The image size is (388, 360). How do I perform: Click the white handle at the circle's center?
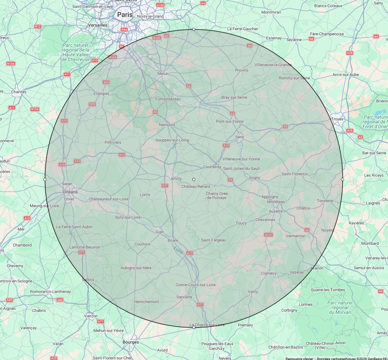194,179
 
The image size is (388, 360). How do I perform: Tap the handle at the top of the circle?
194,29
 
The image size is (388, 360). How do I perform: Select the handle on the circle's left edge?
45,179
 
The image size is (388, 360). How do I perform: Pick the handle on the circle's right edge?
342,179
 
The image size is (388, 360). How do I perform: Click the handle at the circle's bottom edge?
194,327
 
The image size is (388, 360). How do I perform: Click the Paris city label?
125,15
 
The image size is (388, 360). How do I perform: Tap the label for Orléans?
70,192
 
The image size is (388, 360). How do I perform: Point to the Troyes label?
337,119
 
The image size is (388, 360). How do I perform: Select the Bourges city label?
131,342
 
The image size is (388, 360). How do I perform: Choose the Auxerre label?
276,211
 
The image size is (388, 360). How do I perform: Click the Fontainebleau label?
168,99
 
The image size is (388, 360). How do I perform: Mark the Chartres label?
19,92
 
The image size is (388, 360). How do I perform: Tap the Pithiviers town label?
113,142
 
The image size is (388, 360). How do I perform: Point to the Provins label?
242,70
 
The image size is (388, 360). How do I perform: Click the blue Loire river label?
178,251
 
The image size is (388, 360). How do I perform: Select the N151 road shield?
268,235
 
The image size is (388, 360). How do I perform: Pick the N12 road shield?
38,26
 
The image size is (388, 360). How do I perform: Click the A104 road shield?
160,5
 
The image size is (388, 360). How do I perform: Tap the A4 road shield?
203,3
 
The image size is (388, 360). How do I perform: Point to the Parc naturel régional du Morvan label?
340,307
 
